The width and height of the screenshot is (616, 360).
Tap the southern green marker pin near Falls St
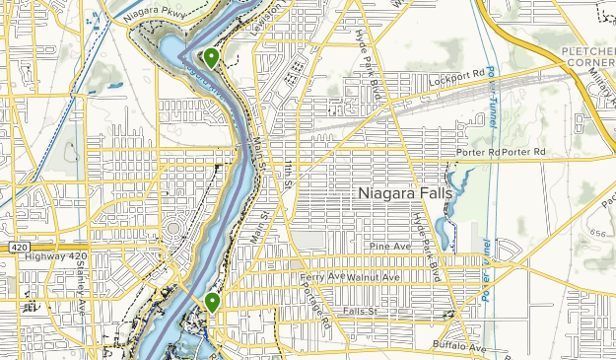pyautogui.click(x=212, y=302)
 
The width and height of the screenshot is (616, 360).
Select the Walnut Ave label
pyautogui.click(x=370, y=278)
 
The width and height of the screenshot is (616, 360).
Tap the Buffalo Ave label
pyautogui.click(x=459, y=347)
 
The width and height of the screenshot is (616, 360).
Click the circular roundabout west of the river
pyautogui.click(x=174, y=234)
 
